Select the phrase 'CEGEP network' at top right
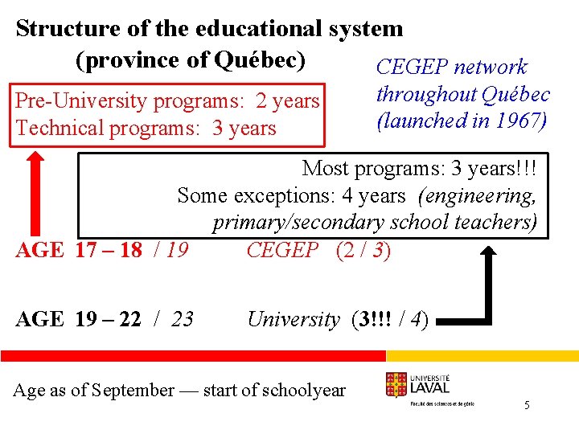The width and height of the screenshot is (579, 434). (451, 68)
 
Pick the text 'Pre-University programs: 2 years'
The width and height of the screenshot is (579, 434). (167, 101)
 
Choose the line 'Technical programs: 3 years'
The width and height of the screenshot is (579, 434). (146, 129)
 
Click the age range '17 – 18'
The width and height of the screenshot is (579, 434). (109, 251)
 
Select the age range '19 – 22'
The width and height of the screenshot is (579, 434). (109, 320)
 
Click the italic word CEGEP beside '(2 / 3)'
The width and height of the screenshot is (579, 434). (282, 251)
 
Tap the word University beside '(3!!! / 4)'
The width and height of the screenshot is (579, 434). (294, 320)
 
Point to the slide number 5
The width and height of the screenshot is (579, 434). (527, 406)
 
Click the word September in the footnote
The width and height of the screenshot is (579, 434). (133, 391)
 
